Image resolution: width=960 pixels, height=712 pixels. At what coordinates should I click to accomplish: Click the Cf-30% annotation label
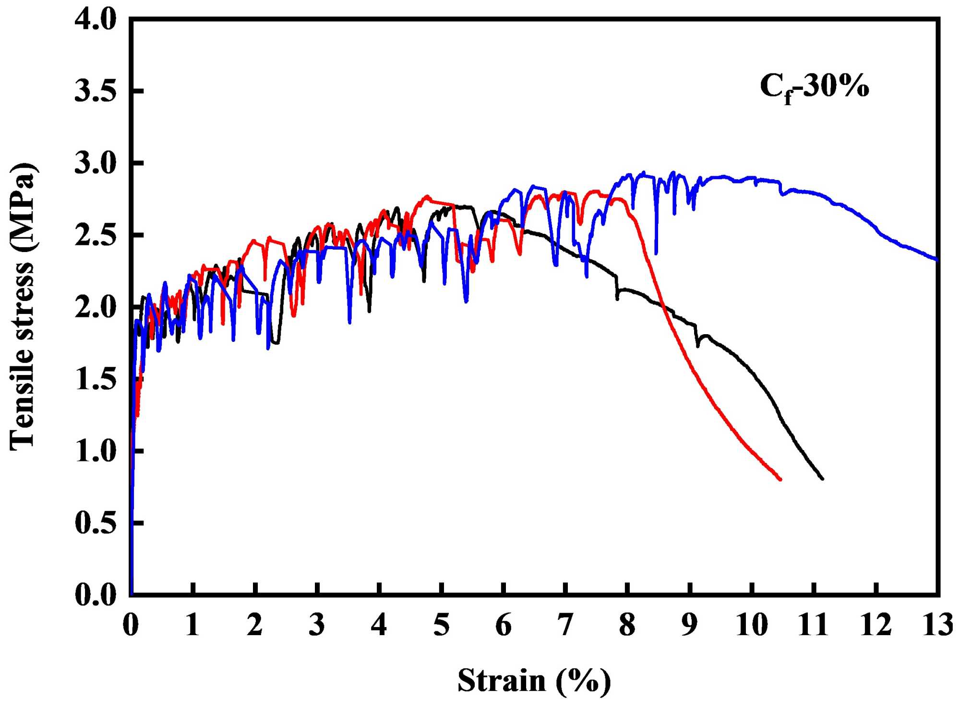point(814,88)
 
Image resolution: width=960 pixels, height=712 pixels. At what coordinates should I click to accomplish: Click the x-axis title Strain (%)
point(534,681)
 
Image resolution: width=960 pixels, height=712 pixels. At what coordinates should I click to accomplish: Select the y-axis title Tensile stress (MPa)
point(23,307)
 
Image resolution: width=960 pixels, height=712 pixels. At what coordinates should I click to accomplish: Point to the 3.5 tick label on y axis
point(96,91)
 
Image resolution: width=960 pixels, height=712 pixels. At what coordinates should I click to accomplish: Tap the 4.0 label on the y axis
point(96,20)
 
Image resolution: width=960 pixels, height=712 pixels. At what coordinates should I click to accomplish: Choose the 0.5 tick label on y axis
point(96,523)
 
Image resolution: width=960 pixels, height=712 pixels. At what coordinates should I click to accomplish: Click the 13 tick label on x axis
point(937,626)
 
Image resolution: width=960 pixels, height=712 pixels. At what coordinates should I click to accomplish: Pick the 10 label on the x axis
point(752,626)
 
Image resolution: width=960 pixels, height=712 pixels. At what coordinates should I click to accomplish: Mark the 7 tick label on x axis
point(565,626)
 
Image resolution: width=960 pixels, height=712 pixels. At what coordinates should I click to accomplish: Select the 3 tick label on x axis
point(317,626)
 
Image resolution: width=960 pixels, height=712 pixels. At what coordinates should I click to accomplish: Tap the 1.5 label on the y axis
point(96,379)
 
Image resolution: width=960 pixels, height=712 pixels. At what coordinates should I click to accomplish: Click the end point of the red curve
point(780,479)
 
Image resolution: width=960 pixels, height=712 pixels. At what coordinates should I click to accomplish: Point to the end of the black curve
point(822,479)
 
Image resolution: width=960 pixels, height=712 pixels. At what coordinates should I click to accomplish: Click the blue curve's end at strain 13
point(936,259)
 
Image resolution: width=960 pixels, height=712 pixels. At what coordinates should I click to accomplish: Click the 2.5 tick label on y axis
point(96,235)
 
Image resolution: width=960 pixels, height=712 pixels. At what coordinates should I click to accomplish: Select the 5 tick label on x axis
point(441,626)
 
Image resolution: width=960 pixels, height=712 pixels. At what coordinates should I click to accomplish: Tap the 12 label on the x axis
point(876,626)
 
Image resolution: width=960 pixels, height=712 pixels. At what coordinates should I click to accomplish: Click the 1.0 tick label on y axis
point(96,451)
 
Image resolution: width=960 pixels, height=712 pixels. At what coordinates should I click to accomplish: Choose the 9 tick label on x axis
point(690,626)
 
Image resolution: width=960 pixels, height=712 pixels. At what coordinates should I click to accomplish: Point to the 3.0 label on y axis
point(96,163)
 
